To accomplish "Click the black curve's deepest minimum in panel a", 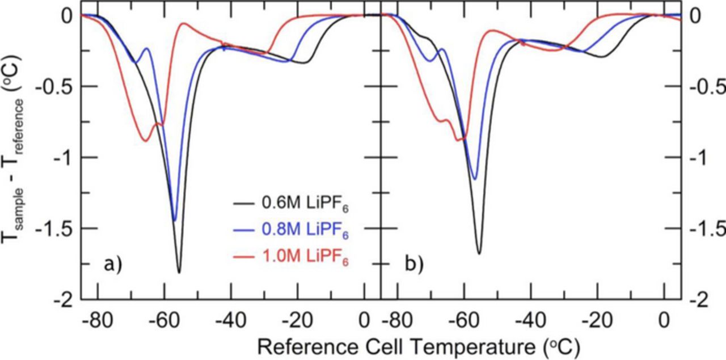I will point(179,272).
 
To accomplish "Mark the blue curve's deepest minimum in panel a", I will point(174,220).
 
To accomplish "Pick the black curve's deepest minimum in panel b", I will point(479,253).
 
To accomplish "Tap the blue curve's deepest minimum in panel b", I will point(475,179).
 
